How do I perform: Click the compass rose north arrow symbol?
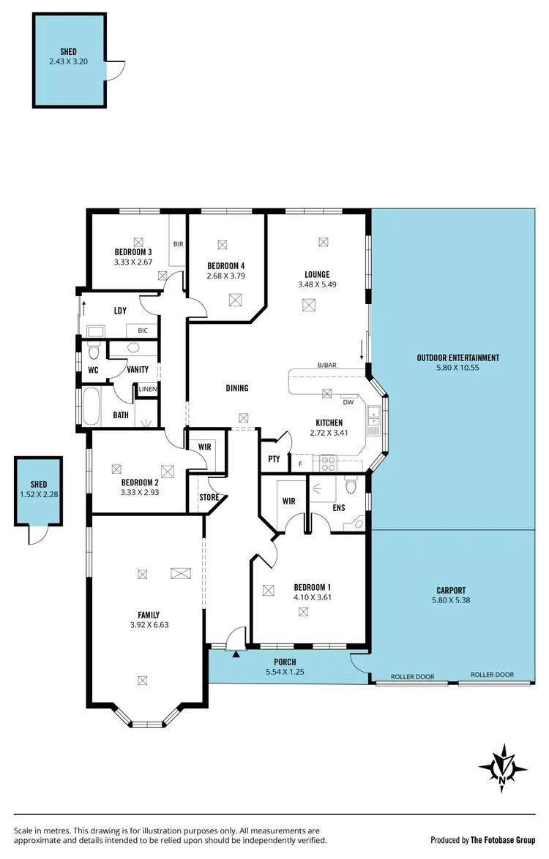(x=504, y=768)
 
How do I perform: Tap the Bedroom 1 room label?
(x=313, y=587)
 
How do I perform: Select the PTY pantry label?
(x=274, y=459)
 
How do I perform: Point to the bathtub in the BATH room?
(x=93, y=407)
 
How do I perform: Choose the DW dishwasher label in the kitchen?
(x=348, y=401)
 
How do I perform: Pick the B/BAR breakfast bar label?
(x=326, y=365)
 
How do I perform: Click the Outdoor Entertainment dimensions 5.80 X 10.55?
(x=458, y=368)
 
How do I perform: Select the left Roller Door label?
(x=412, y=676)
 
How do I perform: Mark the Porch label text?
(x=285, y=662)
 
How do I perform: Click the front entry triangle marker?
(x=236, y=655)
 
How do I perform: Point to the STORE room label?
(x=209, y=498)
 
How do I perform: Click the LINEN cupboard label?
(x=148, y=388)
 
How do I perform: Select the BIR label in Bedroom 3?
(x=177, y=244)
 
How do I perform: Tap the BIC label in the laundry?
(x=142, y=330)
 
